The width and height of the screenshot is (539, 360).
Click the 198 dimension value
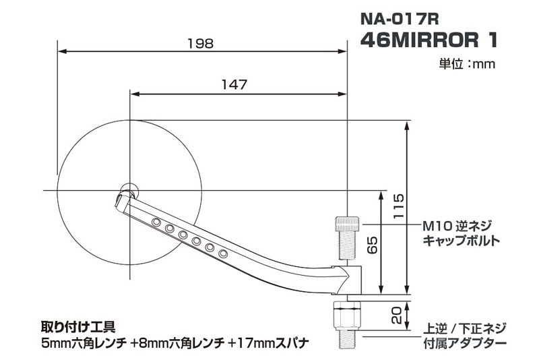pos(201,43)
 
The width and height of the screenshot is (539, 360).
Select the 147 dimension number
pos(234,85)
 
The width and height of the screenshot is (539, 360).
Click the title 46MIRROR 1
pos(429,40)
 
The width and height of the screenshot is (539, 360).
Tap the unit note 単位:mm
pos(468,65)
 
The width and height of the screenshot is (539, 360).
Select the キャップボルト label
pos(462,240)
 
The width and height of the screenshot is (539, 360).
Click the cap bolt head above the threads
pos(346,223)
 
